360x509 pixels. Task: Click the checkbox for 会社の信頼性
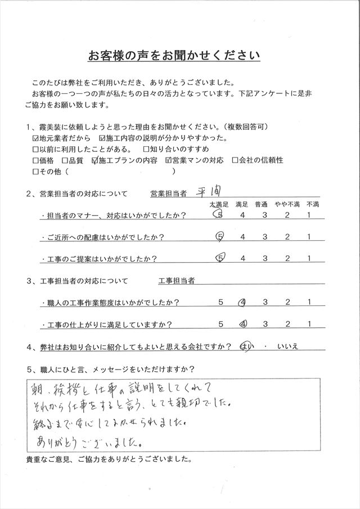pyautogui.click(x=235, y=160)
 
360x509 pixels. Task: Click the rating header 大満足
pyautogui.click(x=219, y=203)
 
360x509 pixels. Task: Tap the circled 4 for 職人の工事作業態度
pyautogui.click(x=243, y=303)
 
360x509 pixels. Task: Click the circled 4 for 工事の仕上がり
pyautogui.click(x=243, y=325)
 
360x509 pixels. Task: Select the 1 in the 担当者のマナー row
pyautogui.click(x=309, y=215)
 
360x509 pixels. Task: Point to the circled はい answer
pyautogui.click(x=246, y=347)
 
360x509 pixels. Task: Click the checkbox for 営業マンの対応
pyautogui.click(x=169, y=160)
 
